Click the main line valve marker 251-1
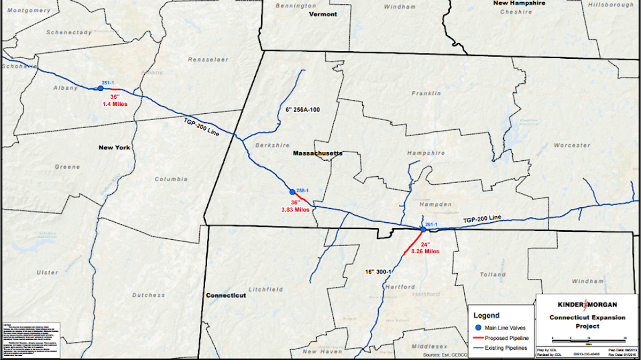click(100, 88)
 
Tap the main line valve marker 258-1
click(292, 192)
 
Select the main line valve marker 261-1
click(423, 229)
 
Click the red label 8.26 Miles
click(425, 251)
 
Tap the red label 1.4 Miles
click(115, 104)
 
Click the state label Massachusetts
click(317, 153)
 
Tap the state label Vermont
click(323, 14)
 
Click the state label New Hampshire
click(519, 3)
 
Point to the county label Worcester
click(572, 145)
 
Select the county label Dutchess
click(148, 295)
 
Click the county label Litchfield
click(265, 289)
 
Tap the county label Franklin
click(426, 93)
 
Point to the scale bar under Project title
click(588, 339)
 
